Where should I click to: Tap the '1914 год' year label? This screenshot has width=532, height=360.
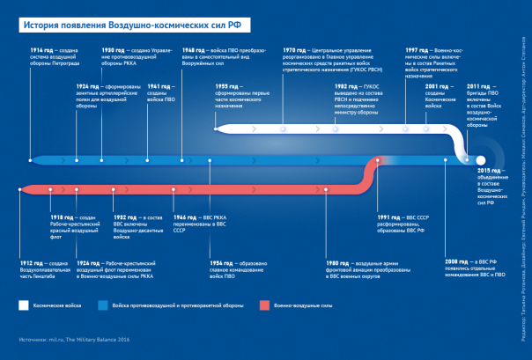click(40, 50)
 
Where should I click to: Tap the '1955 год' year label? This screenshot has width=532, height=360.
click(226, 85)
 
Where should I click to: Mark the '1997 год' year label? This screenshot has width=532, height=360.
click(417, 50)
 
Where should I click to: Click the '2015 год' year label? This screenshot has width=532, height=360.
click(489, 169)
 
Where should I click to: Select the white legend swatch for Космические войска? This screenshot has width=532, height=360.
click(24, 305)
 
